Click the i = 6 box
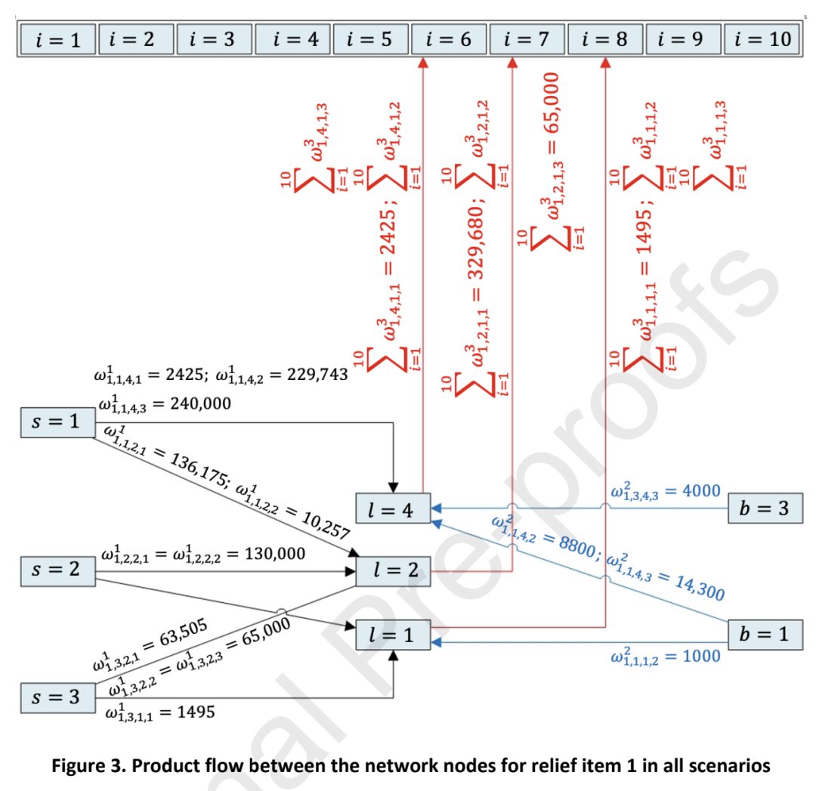point(449,39)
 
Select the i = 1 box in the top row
point(57,39)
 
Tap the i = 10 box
point(762,39)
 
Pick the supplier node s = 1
point(57,422)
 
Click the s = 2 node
point(57,571)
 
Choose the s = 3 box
point(57,698)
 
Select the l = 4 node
point(393,508)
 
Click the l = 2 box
point(393,571)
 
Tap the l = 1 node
point(393,635)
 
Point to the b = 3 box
point(765,508)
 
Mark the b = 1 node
point(765,635)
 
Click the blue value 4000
point(701,491)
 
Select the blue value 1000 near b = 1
point(701,657)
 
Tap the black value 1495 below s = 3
point(196,712)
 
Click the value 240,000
point(200,404)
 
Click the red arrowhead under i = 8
point(605,63)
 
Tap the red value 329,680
point(476,243)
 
